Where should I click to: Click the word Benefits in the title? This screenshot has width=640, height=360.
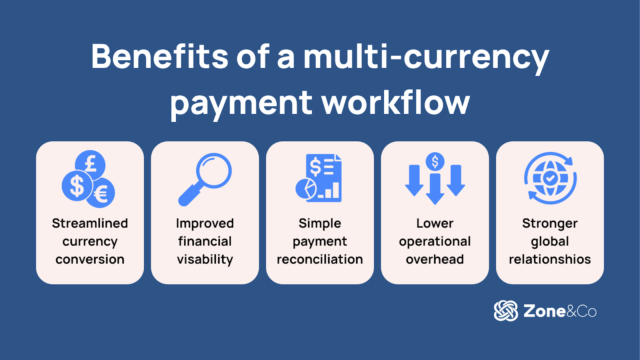point(160,56)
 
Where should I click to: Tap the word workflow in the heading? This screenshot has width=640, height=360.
point(396,103)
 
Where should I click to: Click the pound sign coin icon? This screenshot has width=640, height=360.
point(91,164)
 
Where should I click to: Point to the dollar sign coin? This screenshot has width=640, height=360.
point(76,185)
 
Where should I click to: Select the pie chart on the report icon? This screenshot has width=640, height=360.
point(306,189)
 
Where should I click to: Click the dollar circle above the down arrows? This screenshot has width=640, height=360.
point(435,162)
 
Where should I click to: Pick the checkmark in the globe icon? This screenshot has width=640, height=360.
point(550,178)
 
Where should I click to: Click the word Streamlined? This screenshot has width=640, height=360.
point(90,223)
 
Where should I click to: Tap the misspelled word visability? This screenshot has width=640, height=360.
point(205,260)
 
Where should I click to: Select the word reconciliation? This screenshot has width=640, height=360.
point(320,260)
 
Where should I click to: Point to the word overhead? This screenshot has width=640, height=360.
point(435,260)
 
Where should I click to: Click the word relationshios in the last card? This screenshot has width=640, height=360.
point(550,260)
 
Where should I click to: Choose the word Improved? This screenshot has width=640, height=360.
point(205,224)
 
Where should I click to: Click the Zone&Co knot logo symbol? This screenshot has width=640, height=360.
point(506,311)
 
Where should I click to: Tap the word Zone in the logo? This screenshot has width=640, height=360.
point(544,311)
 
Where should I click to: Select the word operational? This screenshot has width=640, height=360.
point(435,242)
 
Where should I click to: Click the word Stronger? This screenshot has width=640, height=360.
point(550,224)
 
